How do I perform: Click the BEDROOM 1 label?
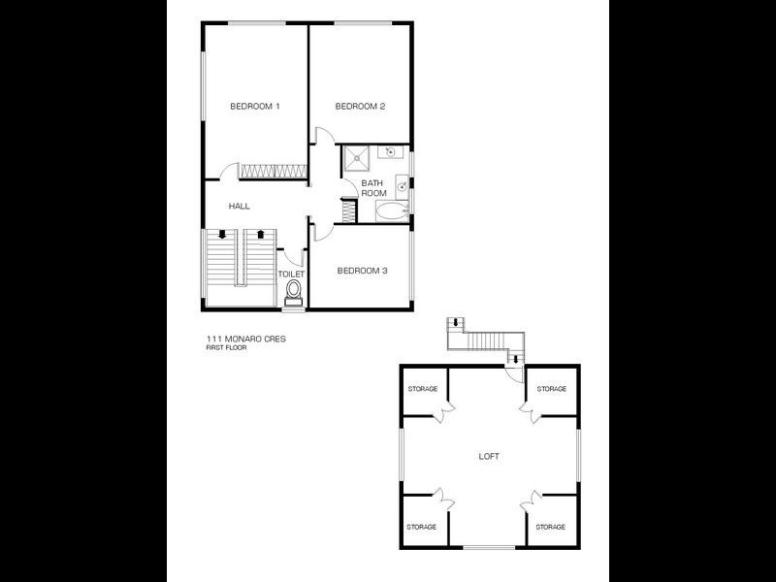pos(255,106)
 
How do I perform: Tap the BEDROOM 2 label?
pos(361,106)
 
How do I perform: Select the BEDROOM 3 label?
pos(362,272)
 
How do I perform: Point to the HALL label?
pos(240,207)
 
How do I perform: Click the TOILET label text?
pos(292,275)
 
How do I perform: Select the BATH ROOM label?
pos(373,188)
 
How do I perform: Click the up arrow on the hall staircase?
pos(260,235)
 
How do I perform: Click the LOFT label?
pos(490,455)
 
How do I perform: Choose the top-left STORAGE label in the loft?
pos(422,389)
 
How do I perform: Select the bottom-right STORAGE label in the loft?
pos(551,527)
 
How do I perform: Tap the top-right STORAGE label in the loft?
pos(551,389)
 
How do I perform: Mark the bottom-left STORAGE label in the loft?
pos(422,527)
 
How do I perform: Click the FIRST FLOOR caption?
pos(225,347)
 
